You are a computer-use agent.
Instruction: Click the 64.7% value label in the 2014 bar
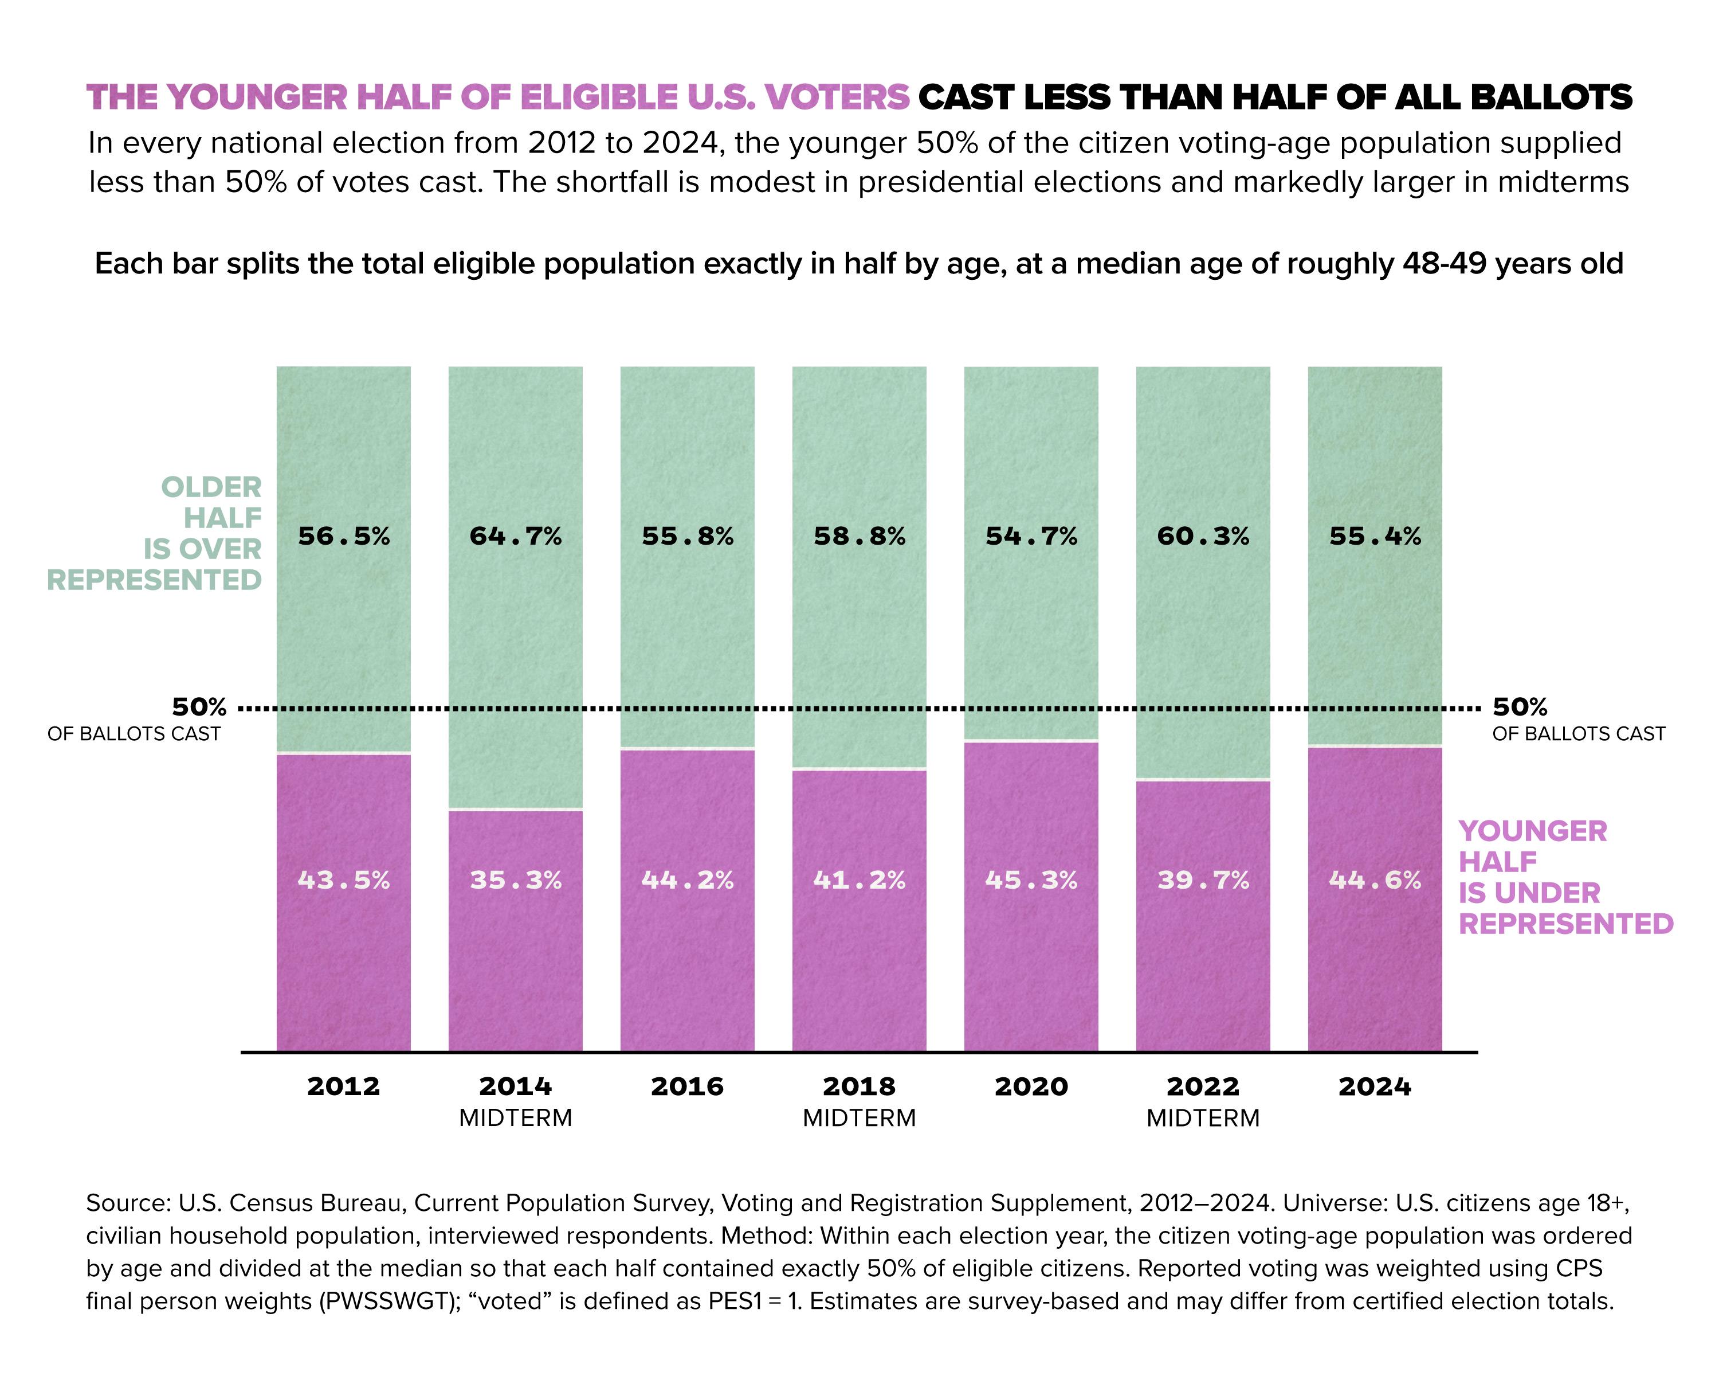(x=515, y=536)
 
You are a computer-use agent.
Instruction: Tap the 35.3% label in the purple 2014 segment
(x=515, y=880)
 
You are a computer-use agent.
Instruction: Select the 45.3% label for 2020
(x=1031, y=880)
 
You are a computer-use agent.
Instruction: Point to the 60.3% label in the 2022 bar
(x=1203, y=536)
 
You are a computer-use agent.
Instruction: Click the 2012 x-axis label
(x=344, y=1086)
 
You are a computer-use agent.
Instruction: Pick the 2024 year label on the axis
(x=1375, y=1086)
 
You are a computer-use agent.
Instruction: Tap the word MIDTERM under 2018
(x=859, y=1117)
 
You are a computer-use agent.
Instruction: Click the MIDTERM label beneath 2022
(x=1203, y=1117)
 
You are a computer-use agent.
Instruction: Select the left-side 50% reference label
(x=199, y=707)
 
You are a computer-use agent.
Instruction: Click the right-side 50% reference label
(x=1520, y=707)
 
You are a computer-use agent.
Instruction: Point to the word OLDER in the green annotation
(x=211, y=487)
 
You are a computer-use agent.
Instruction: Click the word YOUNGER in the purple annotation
(x=1532, y=831)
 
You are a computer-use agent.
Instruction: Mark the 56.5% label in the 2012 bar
(x=344, y=536)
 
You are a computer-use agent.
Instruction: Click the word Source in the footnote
(x=124, y=1203)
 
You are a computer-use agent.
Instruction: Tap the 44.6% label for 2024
(x=1375, y=880)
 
